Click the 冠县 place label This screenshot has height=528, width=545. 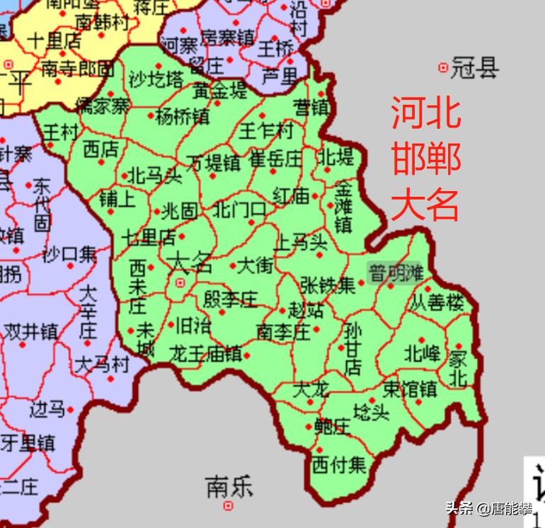[x=475, y=69]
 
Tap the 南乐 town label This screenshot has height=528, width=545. [x=229, y=487]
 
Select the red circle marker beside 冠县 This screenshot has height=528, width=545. [x=444, y=68]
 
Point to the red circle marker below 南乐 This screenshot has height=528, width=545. [x=229, y=506]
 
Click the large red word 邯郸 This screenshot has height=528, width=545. [x=426, y=159]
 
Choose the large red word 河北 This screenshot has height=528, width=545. [x=426, y=113]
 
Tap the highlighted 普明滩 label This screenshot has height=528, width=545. [x=395, y=273]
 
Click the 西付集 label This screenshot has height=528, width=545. [x=339, y=465]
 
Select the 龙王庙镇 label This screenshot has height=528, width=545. [x=205, y=354]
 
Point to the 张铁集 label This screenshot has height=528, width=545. [x=327, y=285]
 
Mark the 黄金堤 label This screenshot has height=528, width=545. [x=221, y=91]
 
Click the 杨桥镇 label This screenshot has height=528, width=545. [x=182, y=116]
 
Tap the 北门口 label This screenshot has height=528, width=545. [x=239, y=210]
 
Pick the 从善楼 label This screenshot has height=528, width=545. [x=437, y=304]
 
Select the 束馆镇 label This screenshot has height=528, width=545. [x=409, y=389]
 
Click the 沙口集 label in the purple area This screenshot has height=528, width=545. [x=69, y=255]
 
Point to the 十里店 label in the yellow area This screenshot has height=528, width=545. [x=54, y=40]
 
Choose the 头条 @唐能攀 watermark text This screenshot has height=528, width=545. [x=488, y=507]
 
